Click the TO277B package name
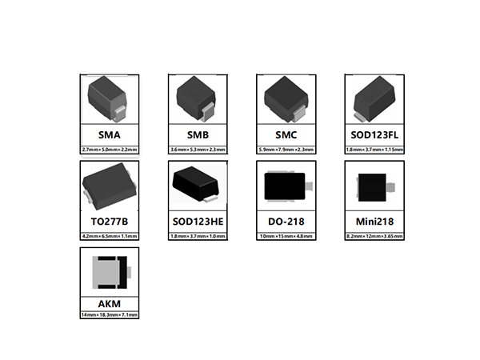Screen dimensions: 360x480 [x=110, y=221]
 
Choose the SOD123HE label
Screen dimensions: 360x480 [x=198, y=221]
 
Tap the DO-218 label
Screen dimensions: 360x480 [x=286, y=221]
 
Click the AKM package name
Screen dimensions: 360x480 [x=110, y=303]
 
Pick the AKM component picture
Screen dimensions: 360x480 [x=110, y=273]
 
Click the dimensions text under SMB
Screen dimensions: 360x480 [x=198, y=150]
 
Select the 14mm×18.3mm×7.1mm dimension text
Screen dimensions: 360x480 [x=110, y=316]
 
